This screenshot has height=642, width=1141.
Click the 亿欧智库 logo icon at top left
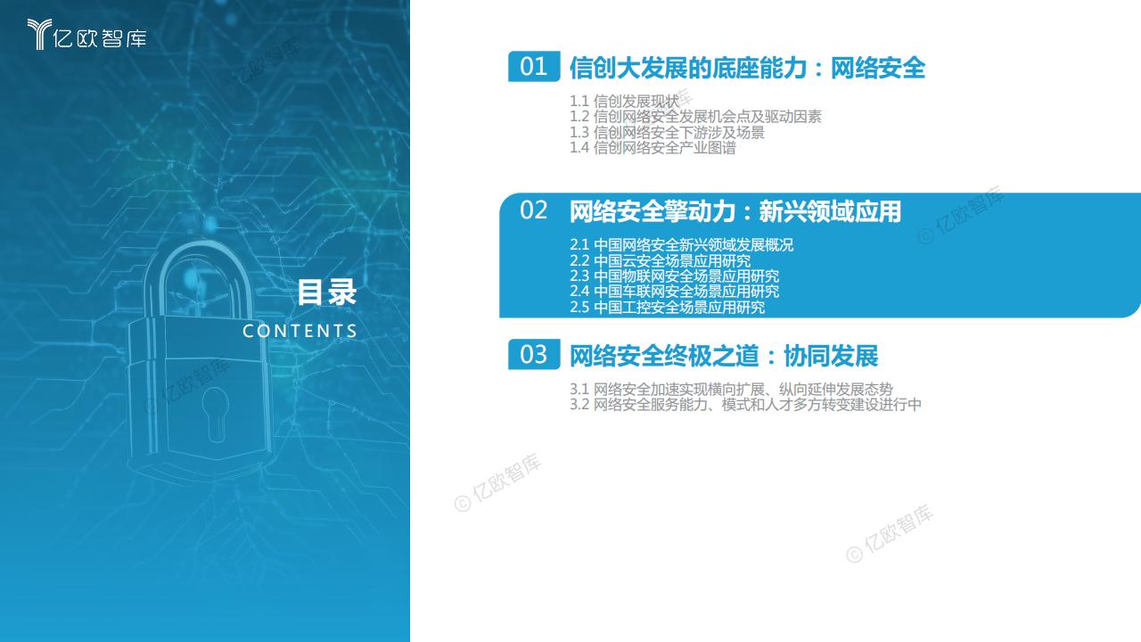(39, 34)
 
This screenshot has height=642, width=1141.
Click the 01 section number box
(534, 66)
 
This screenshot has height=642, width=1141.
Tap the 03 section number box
(534, 354)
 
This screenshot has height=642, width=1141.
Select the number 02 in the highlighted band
(533, 210)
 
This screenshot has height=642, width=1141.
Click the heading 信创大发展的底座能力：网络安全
(747, 68)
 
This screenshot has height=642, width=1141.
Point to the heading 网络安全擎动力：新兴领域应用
(735, 211)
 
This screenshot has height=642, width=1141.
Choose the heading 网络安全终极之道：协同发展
(723, 356)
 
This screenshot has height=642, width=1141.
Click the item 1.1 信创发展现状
(624, 102)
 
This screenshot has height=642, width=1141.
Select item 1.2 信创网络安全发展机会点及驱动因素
(695, 117)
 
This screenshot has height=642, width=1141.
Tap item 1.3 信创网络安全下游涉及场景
(667, 133)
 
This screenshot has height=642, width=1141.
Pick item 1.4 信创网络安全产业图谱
(653, 148)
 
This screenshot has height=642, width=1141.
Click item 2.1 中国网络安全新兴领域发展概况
(681, 245)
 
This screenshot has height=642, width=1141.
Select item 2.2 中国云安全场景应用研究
(660, 261)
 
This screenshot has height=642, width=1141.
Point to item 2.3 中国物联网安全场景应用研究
(674, 276)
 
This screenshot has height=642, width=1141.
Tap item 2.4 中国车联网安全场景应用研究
(674, 292)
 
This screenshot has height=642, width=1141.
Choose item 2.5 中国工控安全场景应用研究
(667, 308)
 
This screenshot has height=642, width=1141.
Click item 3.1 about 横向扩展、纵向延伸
(731, 390)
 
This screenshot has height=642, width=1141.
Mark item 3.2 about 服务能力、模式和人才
(745, 405)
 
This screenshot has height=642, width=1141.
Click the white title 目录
(326, 292)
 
